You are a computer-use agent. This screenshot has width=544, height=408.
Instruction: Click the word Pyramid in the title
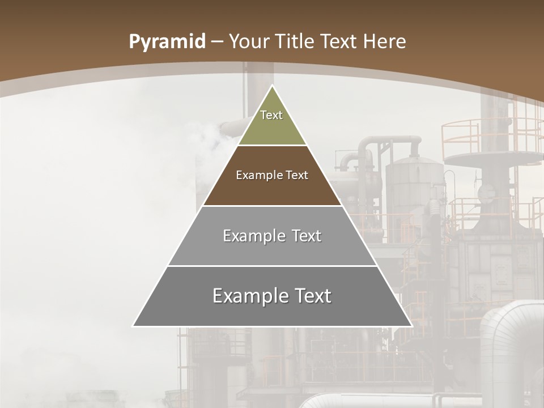coord(167,42)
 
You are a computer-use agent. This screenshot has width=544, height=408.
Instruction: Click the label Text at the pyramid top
coord(271,115)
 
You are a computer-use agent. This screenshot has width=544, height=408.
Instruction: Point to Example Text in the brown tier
coord(272,175)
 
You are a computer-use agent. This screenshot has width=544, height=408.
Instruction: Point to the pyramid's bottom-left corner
coord(133,326)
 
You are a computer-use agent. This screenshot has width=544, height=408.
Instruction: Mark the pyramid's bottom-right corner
coord(411,326)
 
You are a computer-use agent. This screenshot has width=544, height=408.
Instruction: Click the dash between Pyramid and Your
coord(218,42)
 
